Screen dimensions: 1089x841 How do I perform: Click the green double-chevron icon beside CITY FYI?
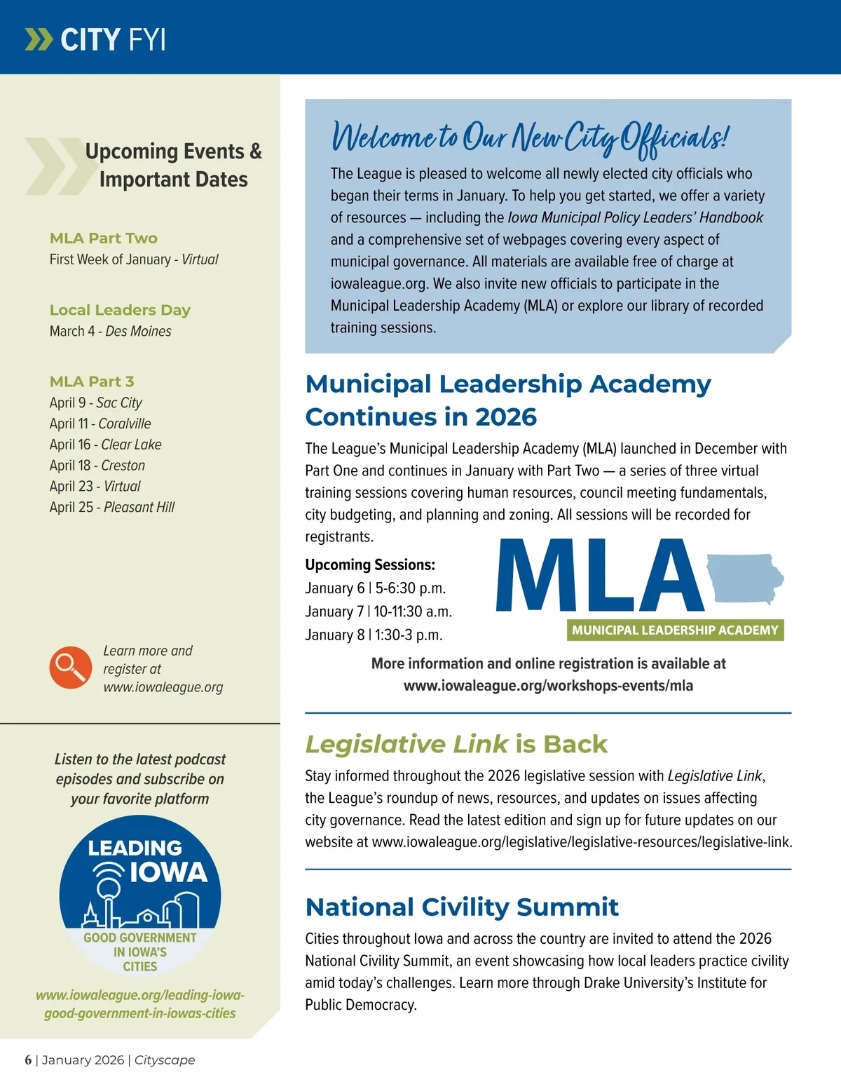[x=39, y=39]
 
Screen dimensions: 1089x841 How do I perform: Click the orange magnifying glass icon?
[x=70, y=668]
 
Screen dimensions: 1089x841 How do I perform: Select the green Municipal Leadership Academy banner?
[x=674, y=630]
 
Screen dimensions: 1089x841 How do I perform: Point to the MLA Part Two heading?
[x=104, y=238]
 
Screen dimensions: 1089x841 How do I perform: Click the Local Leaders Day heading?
[x=120, y=310]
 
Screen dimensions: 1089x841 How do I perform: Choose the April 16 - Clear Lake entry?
[x=105, y=445]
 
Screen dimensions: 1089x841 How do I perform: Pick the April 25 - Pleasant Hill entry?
[x=111, y=507]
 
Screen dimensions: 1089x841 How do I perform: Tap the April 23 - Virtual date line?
[x=95, y=486]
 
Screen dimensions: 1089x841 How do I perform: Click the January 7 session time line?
[x=378, y=611]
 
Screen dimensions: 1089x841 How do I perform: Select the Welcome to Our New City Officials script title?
[x=530, y=136]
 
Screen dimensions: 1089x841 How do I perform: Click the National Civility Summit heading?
[x=462, y=907]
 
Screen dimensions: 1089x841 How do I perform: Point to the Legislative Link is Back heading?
[x=456, y=744]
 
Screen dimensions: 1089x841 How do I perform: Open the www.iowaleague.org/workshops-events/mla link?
[x=548, y=686]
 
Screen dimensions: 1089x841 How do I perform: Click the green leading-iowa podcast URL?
[x=140, y=1004]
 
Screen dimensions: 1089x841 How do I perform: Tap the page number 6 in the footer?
[x=28, y=1060]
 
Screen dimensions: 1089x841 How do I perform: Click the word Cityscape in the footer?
[x=165, y=1060]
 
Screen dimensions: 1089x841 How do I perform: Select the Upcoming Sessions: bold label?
[x=370, y=564]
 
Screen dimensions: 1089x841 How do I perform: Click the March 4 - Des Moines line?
[x=110, y=331]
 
